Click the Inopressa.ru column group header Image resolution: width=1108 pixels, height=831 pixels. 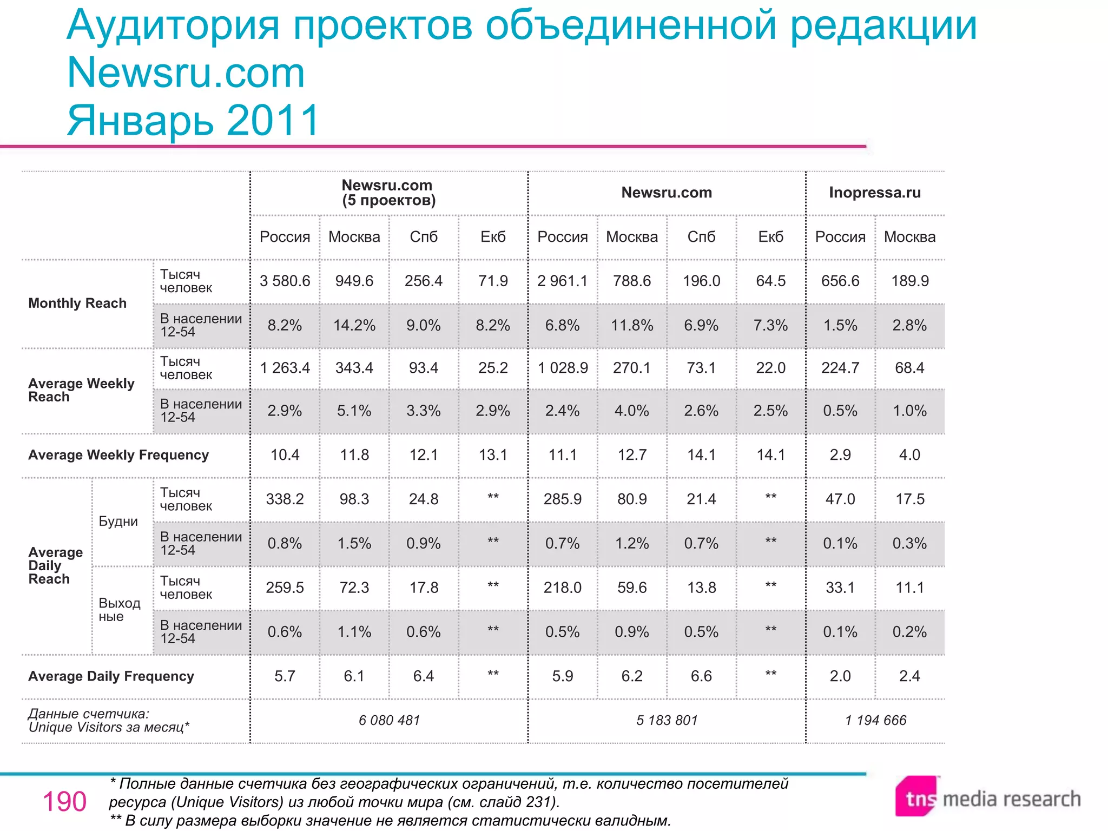(x=874, y=193)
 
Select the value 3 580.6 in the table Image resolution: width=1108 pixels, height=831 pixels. (x=285, y=281)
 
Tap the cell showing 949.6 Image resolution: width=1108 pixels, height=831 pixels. (x=354, y=281)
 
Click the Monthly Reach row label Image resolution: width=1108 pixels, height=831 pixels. (x=77, y=303)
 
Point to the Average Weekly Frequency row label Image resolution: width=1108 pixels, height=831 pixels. (x=118, y=455)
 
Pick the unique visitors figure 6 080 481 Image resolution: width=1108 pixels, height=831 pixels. (x=389, y=720)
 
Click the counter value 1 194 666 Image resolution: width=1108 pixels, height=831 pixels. (x=875, y=720)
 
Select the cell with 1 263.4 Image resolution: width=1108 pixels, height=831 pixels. (x=285, y=368)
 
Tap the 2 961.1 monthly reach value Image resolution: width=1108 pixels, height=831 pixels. (x=562, y=281)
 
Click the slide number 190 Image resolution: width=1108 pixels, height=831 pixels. (x=64, y=802)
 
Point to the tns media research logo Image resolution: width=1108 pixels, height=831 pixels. (x=988, y=797)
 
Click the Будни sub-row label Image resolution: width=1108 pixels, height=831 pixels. (x=118, y=522)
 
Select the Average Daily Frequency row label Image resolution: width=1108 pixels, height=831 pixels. (x=111, y=676)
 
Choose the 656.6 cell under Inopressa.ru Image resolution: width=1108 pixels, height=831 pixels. (x=840, y=281)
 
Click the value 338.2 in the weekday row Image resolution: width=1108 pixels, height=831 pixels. (x=285, y=499)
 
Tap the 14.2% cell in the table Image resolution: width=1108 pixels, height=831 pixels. (x=354, y=325)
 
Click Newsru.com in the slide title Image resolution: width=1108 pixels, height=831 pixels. (x=186, y=72)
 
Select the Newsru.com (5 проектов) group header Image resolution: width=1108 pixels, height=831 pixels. (x=388, y=193)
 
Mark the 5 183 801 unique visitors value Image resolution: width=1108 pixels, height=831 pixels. (x=667, y=720)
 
